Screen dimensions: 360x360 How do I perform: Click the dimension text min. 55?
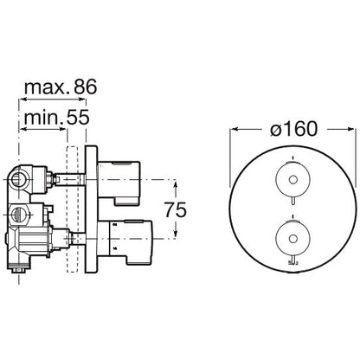pyautogui.click(x=56, y=118)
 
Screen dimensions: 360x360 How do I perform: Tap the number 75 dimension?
pyautogui.click(x=176, y=209)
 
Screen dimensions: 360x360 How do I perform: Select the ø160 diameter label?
pyautogui.click(x=293, y=128)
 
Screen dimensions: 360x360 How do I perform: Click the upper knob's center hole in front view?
pyautogui.click(x=293, y=180)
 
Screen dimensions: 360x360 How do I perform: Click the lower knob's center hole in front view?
pyautogui.click(x=293, y=238)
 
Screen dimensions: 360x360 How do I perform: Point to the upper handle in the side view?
pyautogui.click(x=119, y=183)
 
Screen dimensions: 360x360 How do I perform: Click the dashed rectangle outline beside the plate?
pyautogui.click(x=72, y=209)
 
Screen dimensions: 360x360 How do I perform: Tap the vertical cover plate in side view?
pyautogui.click(x=91, y=209)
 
